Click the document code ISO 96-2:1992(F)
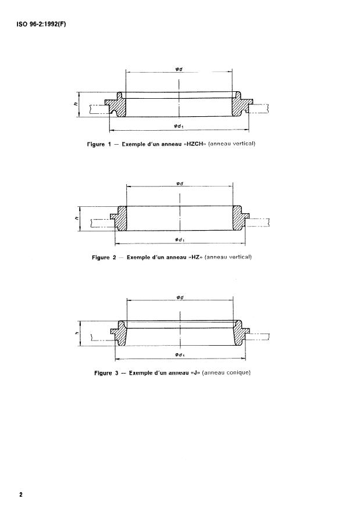click(x=39, y=25)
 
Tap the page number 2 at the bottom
click(x=20, y=494)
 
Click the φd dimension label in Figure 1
click(x=179, y=69)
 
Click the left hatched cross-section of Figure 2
click(x=122, y=219)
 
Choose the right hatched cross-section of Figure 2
click(x=238, y=219)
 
